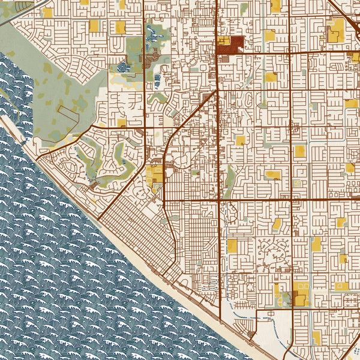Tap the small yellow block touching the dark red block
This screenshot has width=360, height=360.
[x=223, y=40]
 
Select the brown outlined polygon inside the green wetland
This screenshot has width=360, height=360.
[x=69, y=118]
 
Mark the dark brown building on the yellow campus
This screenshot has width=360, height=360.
[x=298, y=298]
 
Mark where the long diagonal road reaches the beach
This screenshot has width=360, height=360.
[x=99, y=217]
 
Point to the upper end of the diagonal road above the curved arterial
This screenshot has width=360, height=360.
[x=215, y=93]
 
